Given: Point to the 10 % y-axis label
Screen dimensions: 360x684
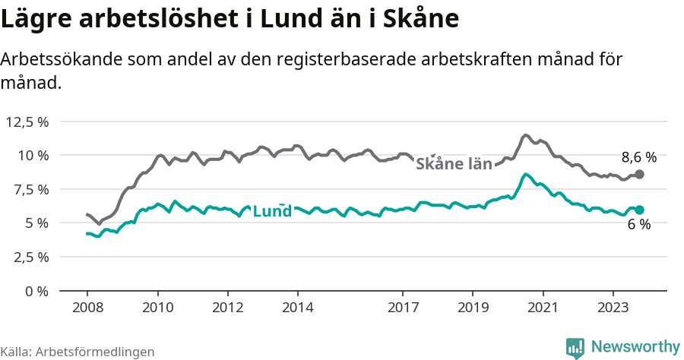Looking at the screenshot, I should click(33, 155).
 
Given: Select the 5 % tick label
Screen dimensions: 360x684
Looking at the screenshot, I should click(36, 223).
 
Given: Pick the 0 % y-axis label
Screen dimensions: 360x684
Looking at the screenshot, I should click(36, 291).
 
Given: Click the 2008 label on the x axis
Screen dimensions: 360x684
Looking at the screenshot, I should click(87, 308).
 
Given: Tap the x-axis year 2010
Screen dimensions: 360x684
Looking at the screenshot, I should click(157, 308).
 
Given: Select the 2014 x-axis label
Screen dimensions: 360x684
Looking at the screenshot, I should click(298, 308).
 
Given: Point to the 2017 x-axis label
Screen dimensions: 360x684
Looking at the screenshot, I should click(403, 308).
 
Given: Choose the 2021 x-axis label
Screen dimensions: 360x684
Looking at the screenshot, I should click(543, 308).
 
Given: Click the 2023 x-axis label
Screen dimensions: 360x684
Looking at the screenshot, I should click(613, 308).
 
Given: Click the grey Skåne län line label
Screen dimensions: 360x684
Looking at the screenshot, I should click(454, 163).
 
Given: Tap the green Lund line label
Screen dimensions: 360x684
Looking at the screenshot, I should click(271, 211).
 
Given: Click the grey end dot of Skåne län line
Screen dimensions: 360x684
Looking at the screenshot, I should click(640, 174).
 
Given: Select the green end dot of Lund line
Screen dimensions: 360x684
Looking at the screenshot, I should click(640, 210).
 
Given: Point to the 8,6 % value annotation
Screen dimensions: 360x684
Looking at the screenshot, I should click(638, 158).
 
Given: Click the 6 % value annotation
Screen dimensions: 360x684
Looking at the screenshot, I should click(639, 225).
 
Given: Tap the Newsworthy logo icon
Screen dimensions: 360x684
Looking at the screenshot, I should click(575, 347).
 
